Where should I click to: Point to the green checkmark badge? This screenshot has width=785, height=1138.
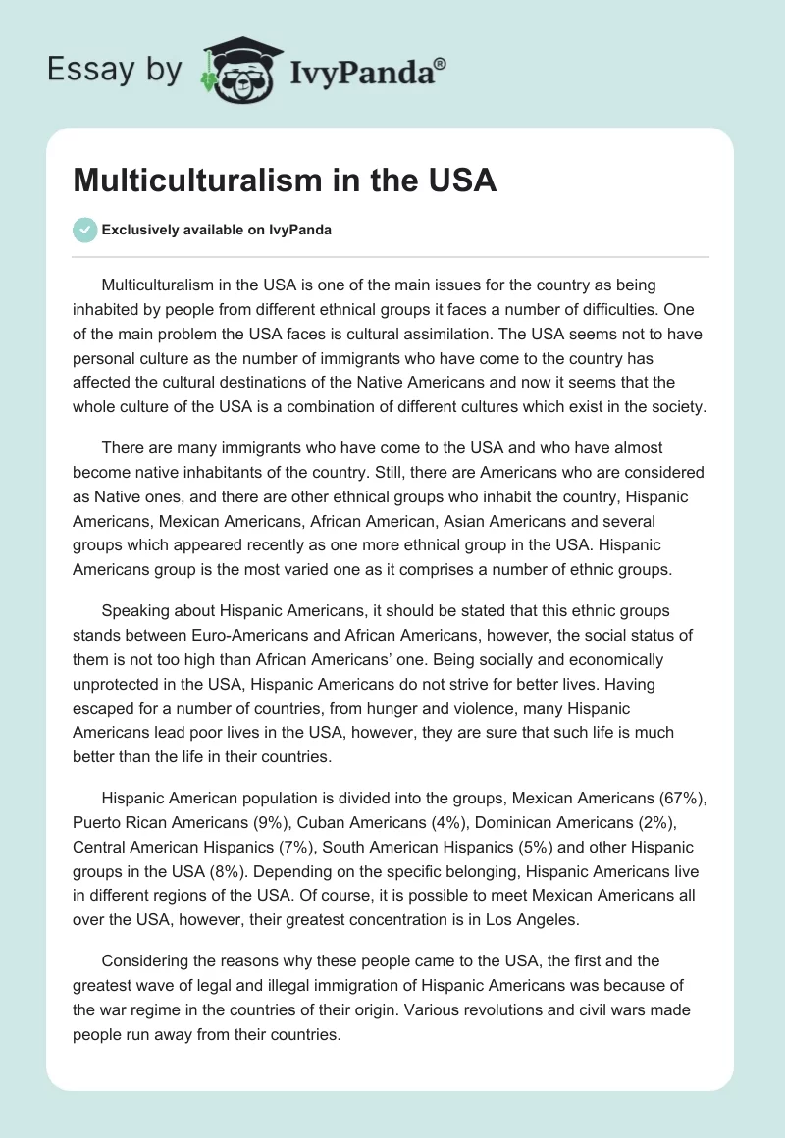point(84,230)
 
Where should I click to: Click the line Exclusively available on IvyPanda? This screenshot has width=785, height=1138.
point(216,231)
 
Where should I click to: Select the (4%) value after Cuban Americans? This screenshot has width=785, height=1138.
point(450,821)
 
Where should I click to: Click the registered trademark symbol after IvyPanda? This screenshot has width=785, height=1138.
point(441,60)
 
